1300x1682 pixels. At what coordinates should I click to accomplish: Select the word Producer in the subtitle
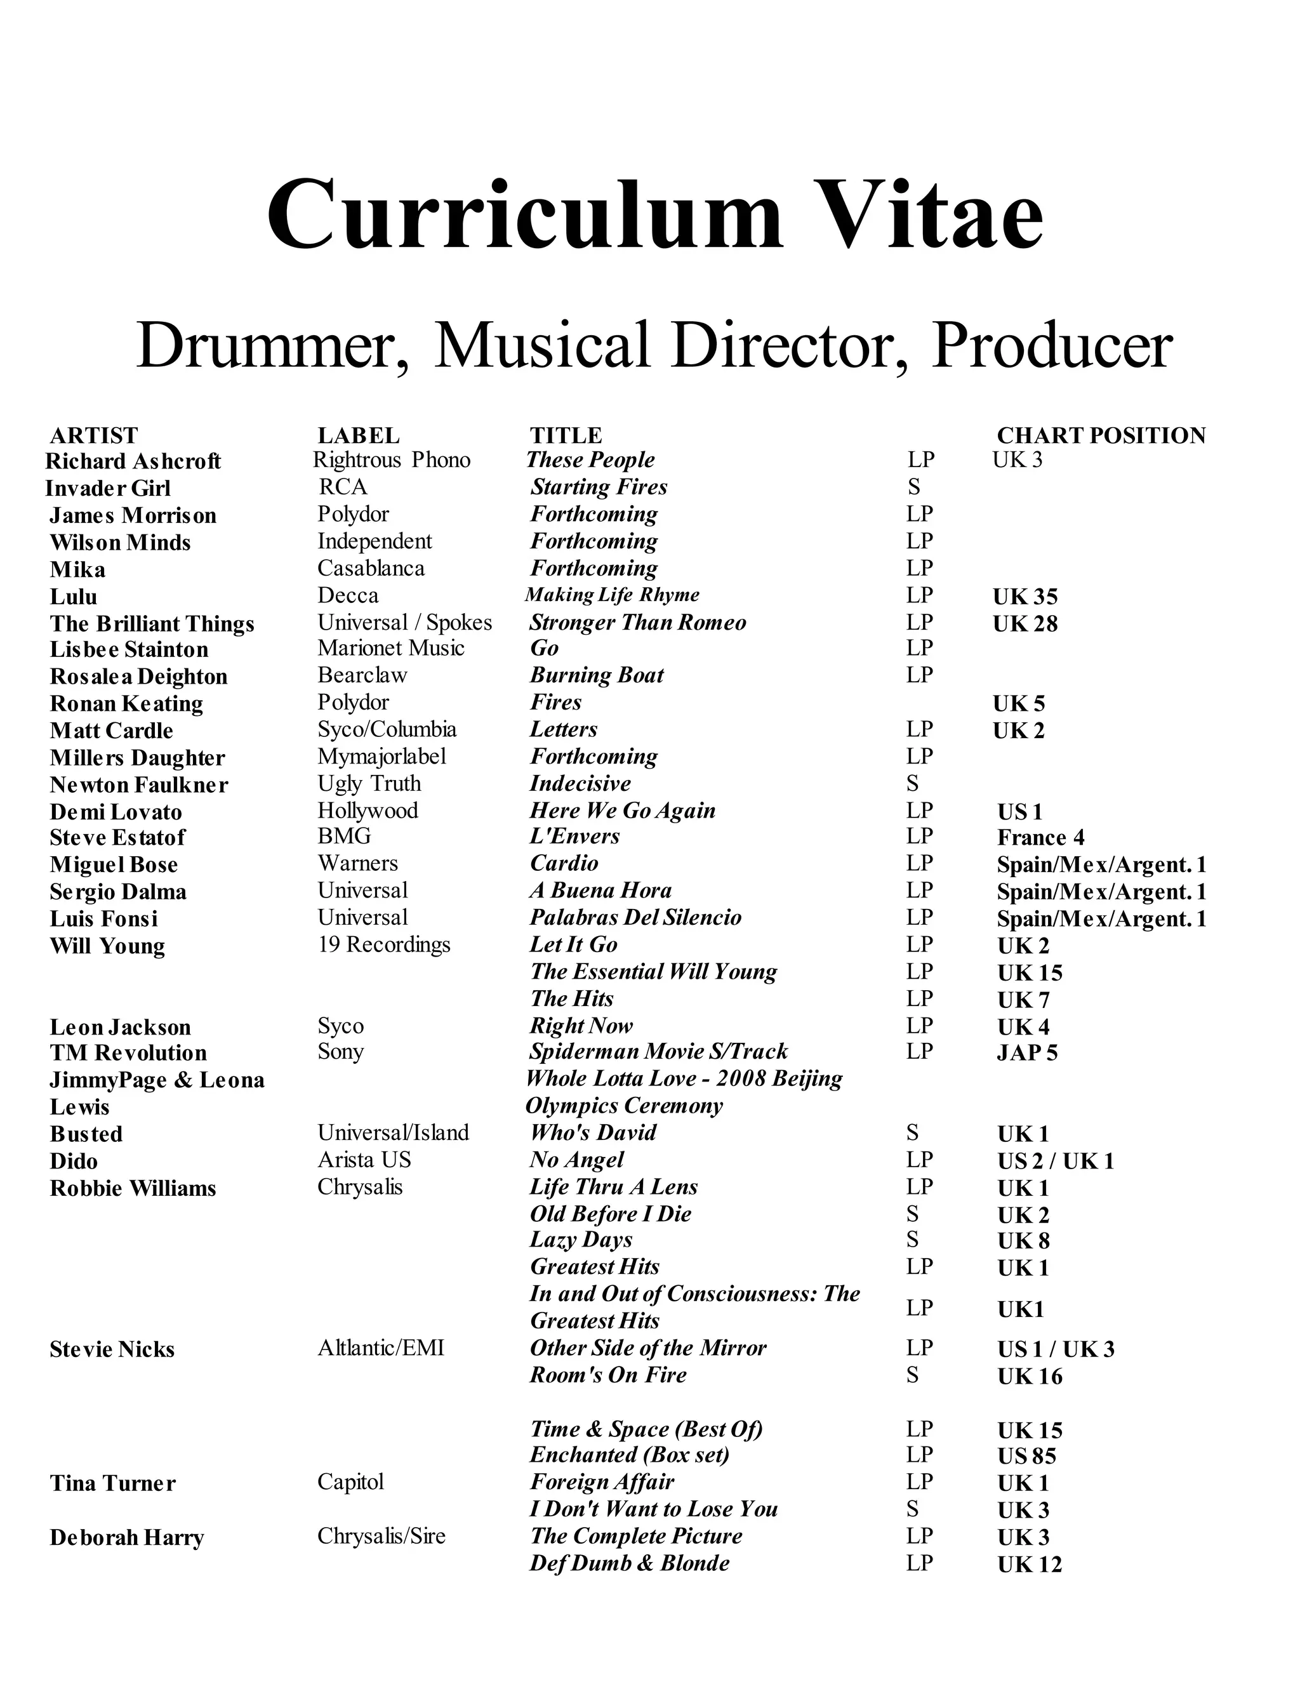click(1052, 346)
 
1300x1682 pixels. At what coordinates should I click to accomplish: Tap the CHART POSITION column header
click(1101, 435)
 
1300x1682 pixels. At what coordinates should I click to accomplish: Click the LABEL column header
click(358, 435)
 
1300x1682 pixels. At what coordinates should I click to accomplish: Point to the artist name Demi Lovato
click(116, 812)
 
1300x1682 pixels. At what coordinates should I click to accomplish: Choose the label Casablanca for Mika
click(371, 568)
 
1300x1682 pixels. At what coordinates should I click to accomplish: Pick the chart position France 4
click(1040, 837)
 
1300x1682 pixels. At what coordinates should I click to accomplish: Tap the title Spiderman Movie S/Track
click(658, 1051)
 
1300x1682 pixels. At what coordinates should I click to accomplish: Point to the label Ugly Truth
click(369, 783)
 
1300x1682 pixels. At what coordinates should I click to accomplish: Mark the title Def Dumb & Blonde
click(629, 1563)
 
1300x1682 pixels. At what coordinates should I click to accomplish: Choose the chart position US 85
click(1026, 1455)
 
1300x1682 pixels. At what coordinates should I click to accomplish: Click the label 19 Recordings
click(383, 944)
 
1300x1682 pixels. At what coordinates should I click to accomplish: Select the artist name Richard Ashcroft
click(133, 461)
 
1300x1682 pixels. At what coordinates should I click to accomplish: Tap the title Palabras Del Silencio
click(635, 917)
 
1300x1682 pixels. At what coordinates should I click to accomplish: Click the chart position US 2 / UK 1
click(1055, 1161)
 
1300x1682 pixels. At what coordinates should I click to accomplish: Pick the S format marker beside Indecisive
click(913, 783)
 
